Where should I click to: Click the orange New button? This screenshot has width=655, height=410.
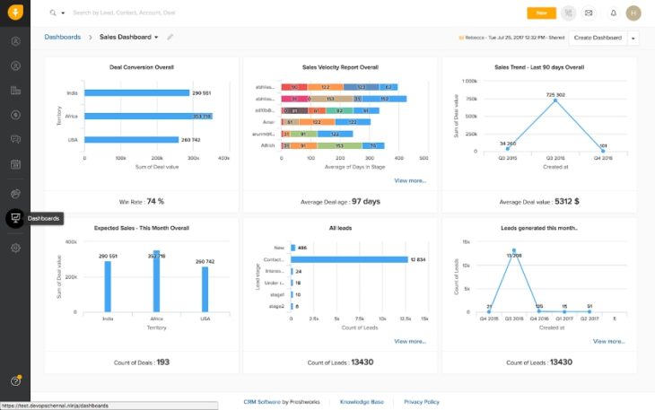[x=541, y=13]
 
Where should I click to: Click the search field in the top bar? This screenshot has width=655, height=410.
[x=179, y=13]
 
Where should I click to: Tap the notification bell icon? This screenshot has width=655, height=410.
[x=613, y=13]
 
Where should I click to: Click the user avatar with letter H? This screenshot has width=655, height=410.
[x=633, y=13]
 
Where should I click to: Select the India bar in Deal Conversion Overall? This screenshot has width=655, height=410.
[x=135, y=92]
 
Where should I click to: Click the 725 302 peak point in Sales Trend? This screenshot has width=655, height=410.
[x=555, y=100]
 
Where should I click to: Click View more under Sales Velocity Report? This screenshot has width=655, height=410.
[x=409, y=180]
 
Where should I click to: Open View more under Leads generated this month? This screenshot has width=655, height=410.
[x=608, y=341]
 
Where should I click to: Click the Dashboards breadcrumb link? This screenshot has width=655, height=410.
[x=62, y=38]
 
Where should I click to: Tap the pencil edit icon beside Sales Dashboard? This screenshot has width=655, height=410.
[x=170, y=38]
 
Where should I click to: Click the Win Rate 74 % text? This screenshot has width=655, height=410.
[x=142, y=202]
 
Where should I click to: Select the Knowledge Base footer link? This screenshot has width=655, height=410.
[x=362, y=402]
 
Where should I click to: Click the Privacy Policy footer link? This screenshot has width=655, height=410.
[x=421, y=402]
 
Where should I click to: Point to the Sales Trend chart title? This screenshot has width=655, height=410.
[x=539, y=67]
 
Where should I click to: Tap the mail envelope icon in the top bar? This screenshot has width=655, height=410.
[x=589, y=13]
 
